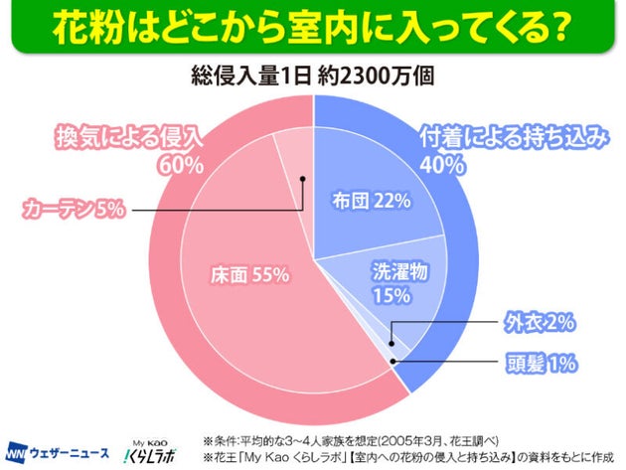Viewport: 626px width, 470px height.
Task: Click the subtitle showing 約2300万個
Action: pos(312,76)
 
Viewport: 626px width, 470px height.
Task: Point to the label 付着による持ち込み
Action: pos(513,137)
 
